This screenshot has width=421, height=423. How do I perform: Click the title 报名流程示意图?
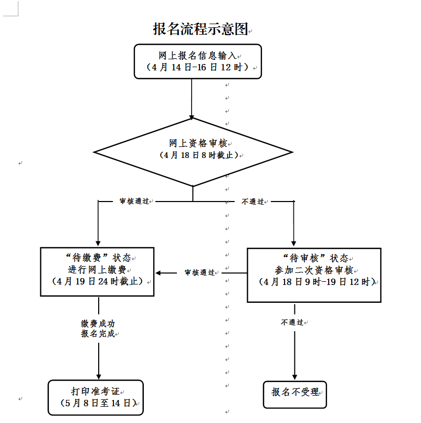coord(199,29)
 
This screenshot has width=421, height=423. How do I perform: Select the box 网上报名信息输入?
coord(197,61)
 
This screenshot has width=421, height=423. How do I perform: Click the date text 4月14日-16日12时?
coord(197,68)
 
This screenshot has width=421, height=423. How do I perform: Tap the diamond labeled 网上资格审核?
coord(193,152)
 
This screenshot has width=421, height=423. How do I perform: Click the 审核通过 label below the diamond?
coord(134,202)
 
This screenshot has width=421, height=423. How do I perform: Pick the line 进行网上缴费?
coord(97,270)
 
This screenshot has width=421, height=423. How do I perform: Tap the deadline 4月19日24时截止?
coord(98,281)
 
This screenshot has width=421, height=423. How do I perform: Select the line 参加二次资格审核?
coord(314,270)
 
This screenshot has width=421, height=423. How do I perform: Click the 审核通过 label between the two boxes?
coord(199,273)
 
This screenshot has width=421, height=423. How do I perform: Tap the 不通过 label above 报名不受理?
coord(292,322)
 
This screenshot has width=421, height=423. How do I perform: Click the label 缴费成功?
coord(98,324)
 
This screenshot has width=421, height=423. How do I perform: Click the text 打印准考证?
coord(96,392)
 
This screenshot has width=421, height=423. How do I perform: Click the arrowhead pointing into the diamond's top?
coord(192,117)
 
